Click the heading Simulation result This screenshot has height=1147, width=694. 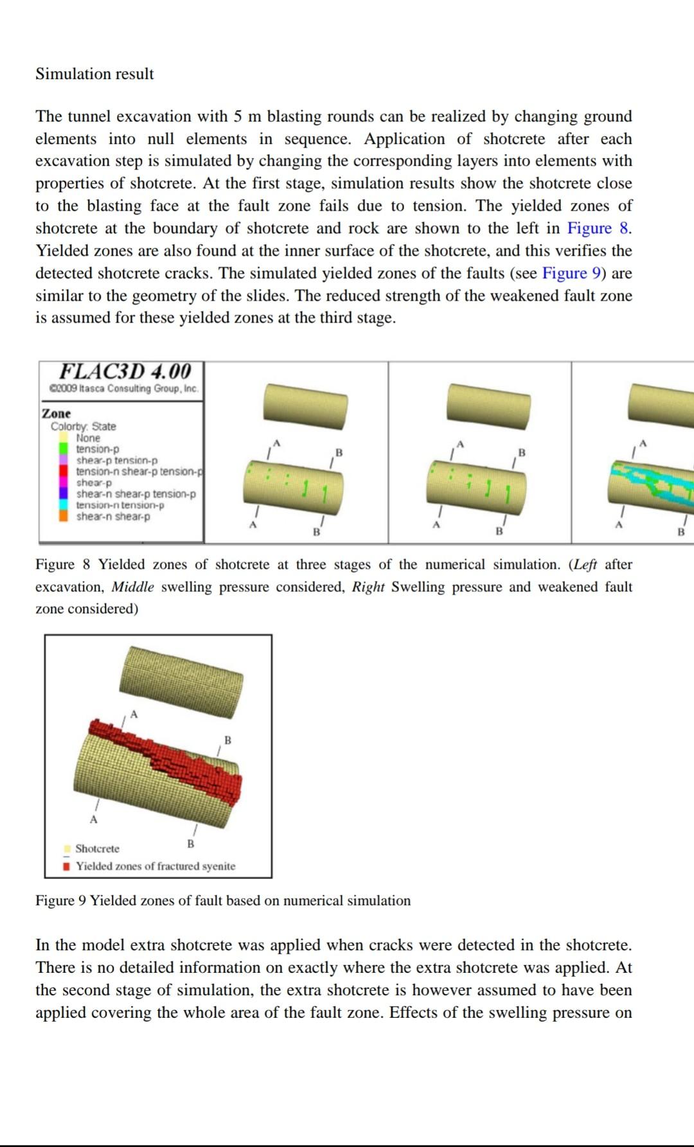(x=94, y=74)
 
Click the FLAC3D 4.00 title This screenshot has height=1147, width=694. (x=125, y=371)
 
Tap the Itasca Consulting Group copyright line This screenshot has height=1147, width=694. (x=124, y=389)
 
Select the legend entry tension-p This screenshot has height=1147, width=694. (x=98, y=449)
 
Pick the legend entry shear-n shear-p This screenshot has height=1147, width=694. (x=113, y=517)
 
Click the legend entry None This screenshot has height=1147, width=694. (x=88, y=438)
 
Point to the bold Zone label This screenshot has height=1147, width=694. (x=57, y=413)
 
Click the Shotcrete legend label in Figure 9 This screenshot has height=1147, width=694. (x=97, y=849)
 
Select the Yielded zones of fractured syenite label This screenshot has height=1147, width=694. (x=156, y=866)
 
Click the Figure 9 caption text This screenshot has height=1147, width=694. (x=222, y=900)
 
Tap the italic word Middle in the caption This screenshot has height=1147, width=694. (x=133, y=587)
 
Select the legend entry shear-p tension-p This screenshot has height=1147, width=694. (x=116, y=460)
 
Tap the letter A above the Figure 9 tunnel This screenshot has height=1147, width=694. (x=134, y=714)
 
